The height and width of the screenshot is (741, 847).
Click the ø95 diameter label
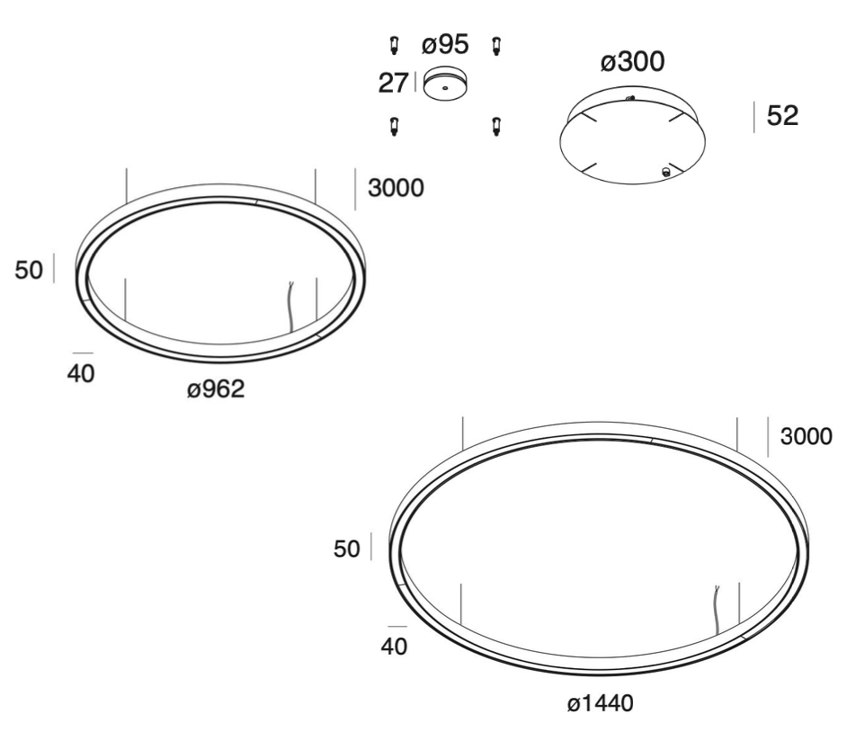click(445, 44)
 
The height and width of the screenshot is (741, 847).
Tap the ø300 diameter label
click(632, 61)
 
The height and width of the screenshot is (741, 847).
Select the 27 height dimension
click(393, 83)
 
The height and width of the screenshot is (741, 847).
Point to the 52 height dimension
click(782, 116)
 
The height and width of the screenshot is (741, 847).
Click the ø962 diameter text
click(216, 388)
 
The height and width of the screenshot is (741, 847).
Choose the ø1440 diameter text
click(600, 703)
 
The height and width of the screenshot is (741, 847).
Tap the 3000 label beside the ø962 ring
click(396, 188)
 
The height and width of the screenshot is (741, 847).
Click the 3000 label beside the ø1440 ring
click(807, 436)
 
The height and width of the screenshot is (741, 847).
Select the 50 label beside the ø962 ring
click(29, 270)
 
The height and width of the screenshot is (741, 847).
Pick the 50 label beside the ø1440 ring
click(347, 549)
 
